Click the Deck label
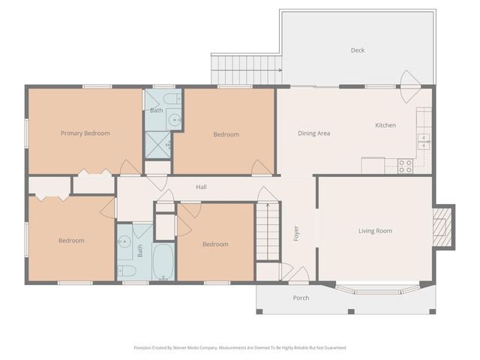(358, 50)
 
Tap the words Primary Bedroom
(85, 133)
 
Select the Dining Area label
(313, 133)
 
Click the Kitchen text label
(385, 125)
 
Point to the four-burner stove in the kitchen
(405, 166)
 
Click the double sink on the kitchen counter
(424, 138)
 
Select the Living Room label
(373, 231)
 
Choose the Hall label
(201, 187)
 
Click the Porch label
(301, 298)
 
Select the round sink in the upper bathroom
(174, 118)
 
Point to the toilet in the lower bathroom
(127, 271)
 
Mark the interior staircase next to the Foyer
(267, 231)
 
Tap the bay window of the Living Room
(377, 288)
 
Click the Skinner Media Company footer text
(240, 348)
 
